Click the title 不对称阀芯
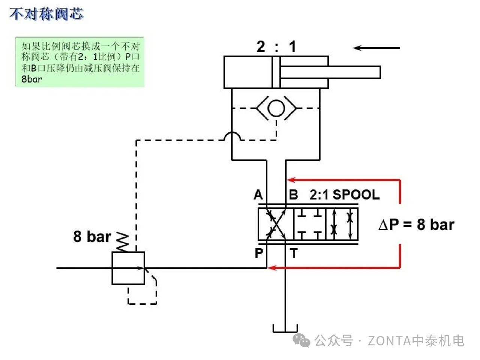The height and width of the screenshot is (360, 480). click(x=46, y=14)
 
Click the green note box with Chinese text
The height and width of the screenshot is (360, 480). click(x=80, y=62)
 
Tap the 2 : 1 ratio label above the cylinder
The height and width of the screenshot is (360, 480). click(x=276, y=47)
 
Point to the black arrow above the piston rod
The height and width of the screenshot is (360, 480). click(x=376, y=48)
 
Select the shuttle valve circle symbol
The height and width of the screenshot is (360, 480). click(x=276, y=108)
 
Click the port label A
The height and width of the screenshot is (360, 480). click(x=258, y=195)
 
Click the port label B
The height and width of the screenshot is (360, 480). click(x=293, y=195)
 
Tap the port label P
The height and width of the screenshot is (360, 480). click(x=259, y=253)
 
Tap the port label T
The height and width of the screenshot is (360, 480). click(x=294, y=253)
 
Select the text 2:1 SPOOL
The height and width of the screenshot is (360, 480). click(x=344, y=195)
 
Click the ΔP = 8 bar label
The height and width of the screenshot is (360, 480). click(x=416, y=225)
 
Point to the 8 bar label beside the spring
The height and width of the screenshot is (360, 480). click(x=92, y=237)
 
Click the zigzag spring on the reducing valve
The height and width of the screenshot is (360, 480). click(x=123, y=242)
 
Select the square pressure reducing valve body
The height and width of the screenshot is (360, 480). click(x=128, y=268)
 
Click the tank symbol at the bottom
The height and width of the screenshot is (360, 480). click(x=285, y=329)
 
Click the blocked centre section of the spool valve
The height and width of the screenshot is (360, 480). click(x=309, y=224)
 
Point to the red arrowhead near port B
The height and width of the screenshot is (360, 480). click(x=291, y=180)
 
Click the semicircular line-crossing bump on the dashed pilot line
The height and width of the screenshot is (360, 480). click(x=232, y=136)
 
